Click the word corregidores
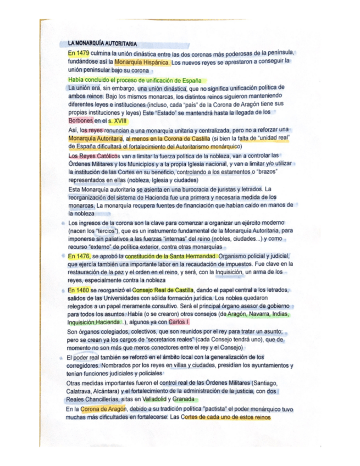[85, 365]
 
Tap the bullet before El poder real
[61, 357]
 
